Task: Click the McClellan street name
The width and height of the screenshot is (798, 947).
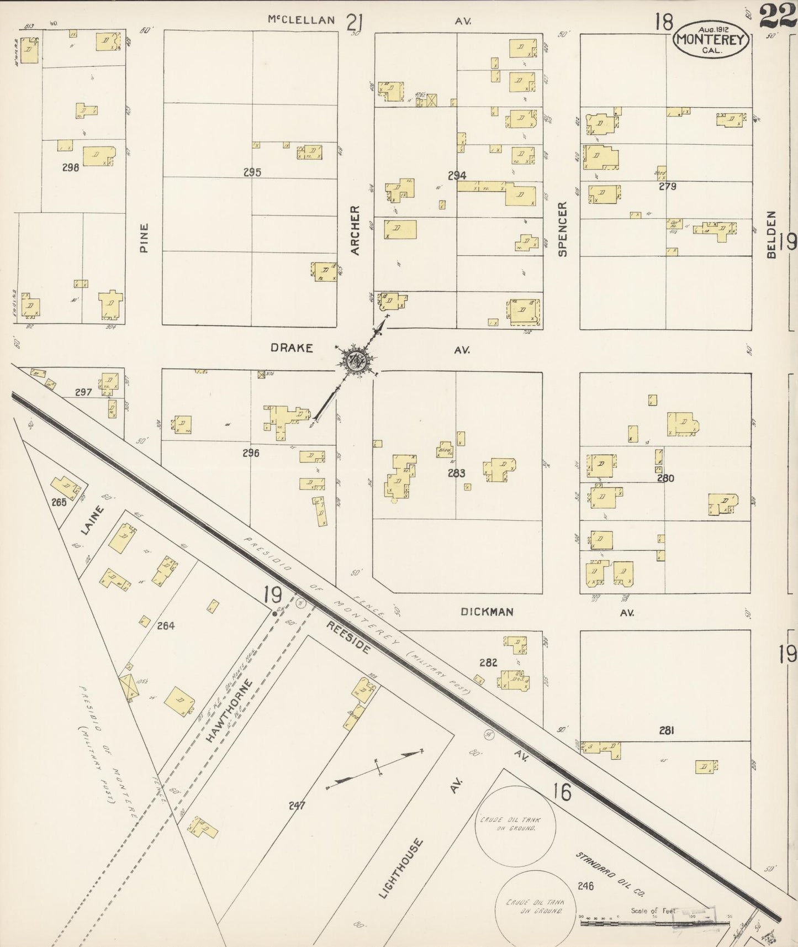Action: (x=301, y=20)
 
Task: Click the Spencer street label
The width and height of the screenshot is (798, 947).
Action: (x=562, y=229)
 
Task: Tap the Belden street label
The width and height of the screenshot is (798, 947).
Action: (x=771, y=234)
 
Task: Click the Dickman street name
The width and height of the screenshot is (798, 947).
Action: (x=487, y=612)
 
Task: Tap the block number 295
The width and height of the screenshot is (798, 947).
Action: (x=252, y=172)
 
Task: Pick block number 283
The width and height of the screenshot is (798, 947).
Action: (x=457, y=473)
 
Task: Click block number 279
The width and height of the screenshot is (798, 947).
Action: (x=667, y=186)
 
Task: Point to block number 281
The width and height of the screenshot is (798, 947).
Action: (x=667, y=730)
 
